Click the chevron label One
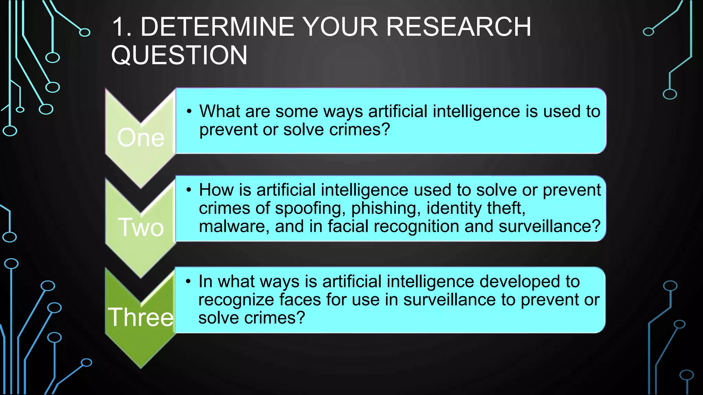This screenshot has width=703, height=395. (141, 137)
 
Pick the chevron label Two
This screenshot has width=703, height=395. (141, 227)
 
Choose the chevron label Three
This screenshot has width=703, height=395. (141, 317)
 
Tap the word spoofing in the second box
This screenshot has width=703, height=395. (310, 208)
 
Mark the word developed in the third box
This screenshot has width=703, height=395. (520, 282)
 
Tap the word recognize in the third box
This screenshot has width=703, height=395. (236, 300)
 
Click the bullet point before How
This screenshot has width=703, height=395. (188, 190)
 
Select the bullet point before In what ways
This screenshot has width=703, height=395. (188, 282)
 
